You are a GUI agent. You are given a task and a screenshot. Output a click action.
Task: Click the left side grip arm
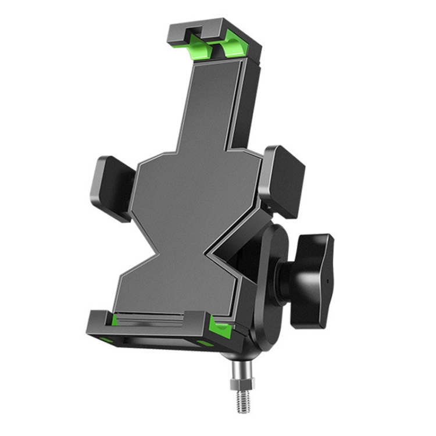(112, 187)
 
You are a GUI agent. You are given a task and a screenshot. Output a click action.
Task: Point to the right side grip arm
(284, 179)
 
